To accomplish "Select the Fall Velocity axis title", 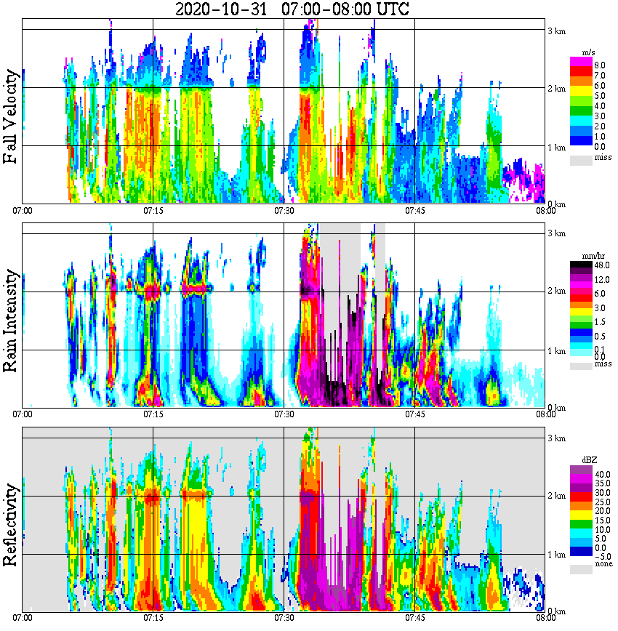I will tap(11, 117).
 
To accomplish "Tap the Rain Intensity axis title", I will tap(11, 321).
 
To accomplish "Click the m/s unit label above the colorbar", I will tap(589, 53).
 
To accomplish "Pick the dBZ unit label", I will tap(590, 460).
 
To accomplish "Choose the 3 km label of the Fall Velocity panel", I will tap(556, 31).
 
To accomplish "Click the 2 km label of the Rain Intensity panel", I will tap(556, 292).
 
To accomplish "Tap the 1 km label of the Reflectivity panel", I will tap(556, 555).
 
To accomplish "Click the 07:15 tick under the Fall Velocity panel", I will tap(153, 211).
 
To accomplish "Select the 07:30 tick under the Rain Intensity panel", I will tap(284, 414).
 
